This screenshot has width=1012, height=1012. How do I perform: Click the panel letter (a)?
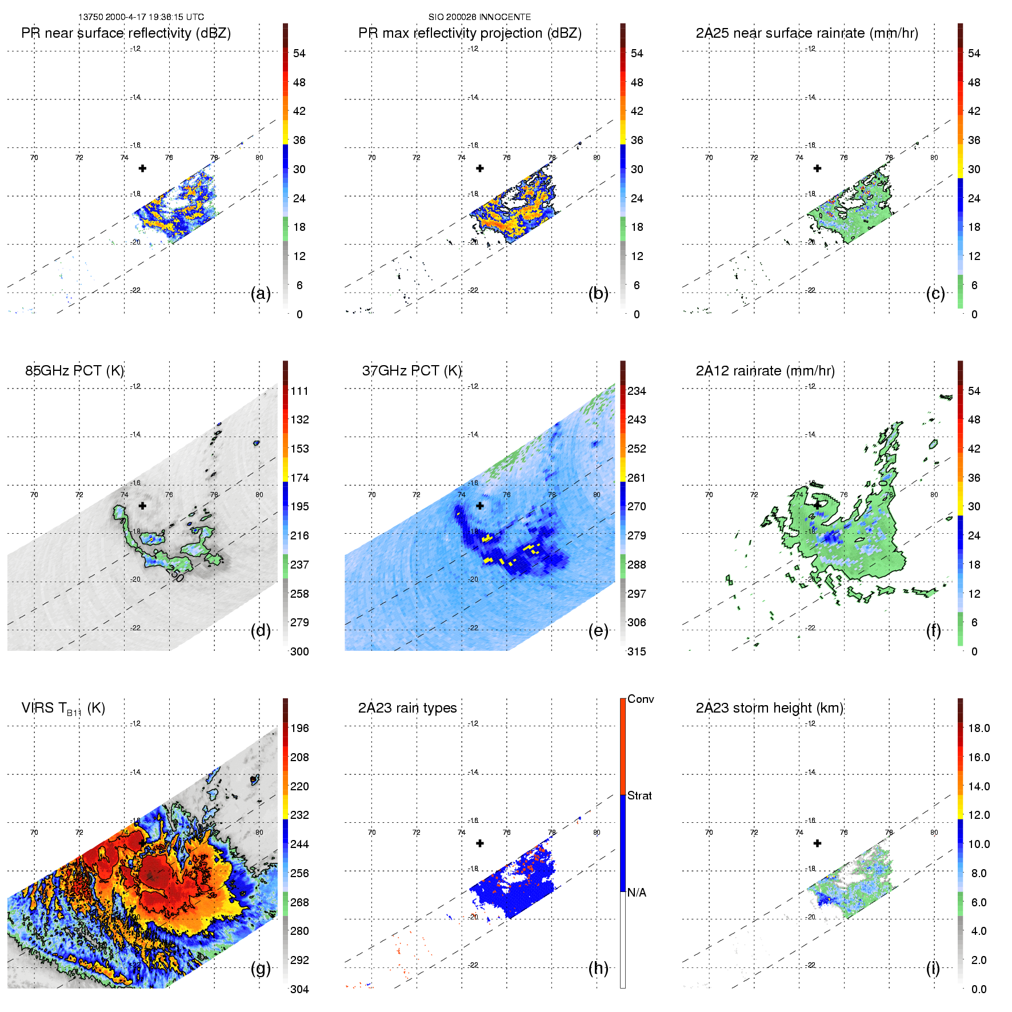261,294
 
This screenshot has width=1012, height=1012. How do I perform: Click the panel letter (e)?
598,631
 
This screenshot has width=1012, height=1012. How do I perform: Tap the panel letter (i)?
933,968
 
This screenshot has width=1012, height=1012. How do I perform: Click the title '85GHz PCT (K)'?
74,371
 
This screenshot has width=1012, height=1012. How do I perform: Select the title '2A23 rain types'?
407,708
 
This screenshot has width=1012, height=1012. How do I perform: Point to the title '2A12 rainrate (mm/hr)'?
765,371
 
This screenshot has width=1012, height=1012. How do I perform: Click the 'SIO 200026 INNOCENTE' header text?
479,17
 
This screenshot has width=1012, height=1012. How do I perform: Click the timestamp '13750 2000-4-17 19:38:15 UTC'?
141,17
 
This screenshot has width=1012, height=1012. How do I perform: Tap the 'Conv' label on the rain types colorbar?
641,699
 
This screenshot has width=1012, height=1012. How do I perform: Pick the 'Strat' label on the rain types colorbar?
639,795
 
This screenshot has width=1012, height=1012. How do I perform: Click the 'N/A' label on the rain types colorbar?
637,893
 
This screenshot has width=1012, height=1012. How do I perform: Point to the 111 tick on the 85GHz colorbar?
299,391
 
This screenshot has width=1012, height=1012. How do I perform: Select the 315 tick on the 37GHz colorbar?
637,651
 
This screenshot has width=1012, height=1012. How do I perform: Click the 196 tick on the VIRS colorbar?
299,728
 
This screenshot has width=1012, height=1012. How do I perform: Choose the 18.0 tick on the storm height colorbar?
978,728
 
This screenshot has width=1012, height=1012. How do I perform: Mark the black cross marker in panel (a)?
142,169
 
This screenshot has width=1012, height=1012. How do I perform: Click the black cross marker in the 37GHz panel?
480,506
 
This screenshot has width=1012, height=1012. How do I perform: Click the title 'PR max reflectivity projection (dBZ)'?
470,33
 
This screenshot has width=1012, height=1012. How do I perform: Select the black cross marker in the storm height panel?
817,843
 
